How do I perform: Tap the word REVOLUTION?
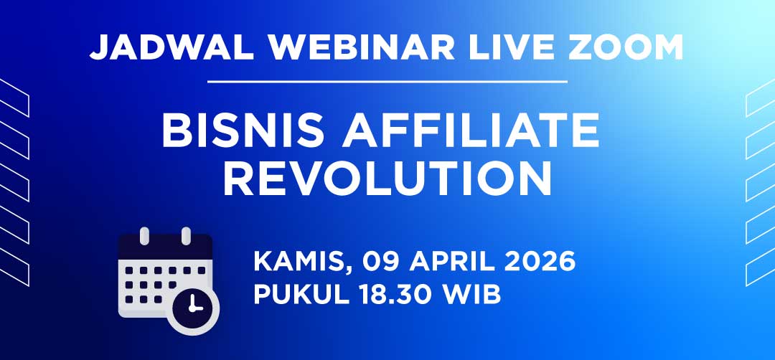(x=387, y=180)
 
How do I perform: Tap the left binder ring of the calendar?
(x=144, y=236)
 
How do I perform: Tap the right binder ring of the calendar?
(x=186, y=236)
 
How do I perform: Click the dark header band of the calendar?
(x=166, y=247)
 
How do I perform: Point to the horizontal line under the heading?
(x=387, y=82)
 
